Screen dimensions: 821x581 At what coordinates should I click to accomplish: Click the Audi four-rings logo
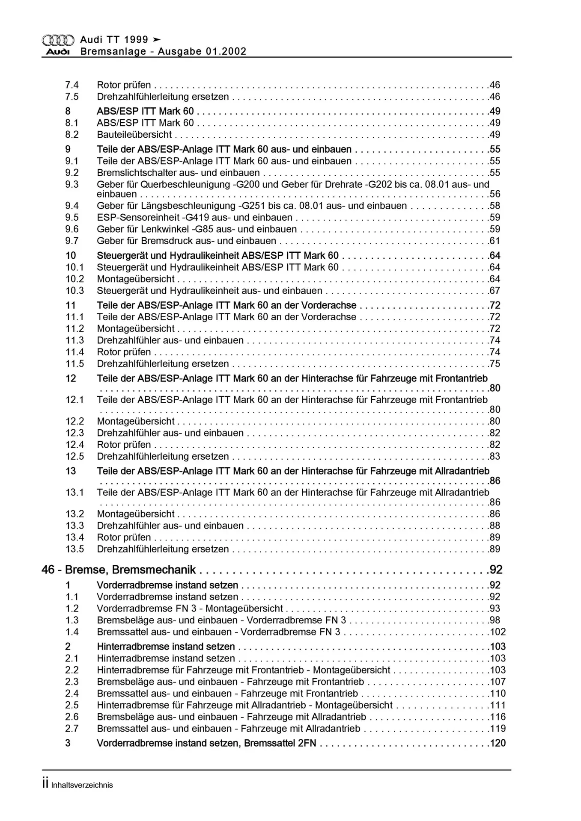(x=58, y=40)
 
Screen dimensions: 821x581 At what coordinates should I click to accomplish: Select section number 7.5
(x=72, y=97)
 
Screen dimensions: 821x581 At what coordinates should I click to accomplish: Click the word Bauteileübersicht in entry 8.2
(x=134, y=135)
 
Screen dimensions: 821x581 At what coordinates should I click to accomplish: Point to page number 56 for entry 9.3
(x=495, y=194)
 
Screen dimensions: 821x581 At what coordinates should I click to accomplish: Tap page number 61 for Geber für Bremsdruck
(x=495, y=241)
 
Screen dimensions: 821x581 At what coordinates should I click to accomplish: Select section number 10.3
(x=74, y=291)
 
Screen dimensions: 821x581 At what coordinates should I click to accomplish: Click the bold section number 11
(x=71, y=305)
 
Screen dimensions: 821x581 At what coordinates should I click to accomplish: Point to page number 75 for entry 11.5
(x=495, y=364)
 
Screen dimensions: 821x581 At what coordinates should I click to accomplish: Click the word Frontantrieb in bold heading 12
(x=461, y=378)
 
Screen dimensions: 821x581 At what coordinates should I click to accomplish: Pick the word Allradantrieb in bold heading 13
(x=462, y=471)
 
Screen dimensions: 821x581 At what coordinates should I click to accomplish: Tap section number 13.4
(x=74, y=537)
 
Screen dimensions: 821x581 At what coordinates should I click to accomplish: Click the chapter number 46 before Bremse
(x=48, y=570)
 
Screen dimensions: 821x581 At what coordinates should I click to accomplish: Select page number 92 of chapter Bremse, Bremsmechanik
(x=496, y=570)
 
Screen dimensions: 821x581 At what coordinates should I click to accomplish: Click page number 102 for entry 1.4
(x=498, y=632)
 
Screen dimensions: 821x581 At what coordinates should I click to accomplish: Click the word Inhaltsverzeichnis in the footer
(x=82, y=785)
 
